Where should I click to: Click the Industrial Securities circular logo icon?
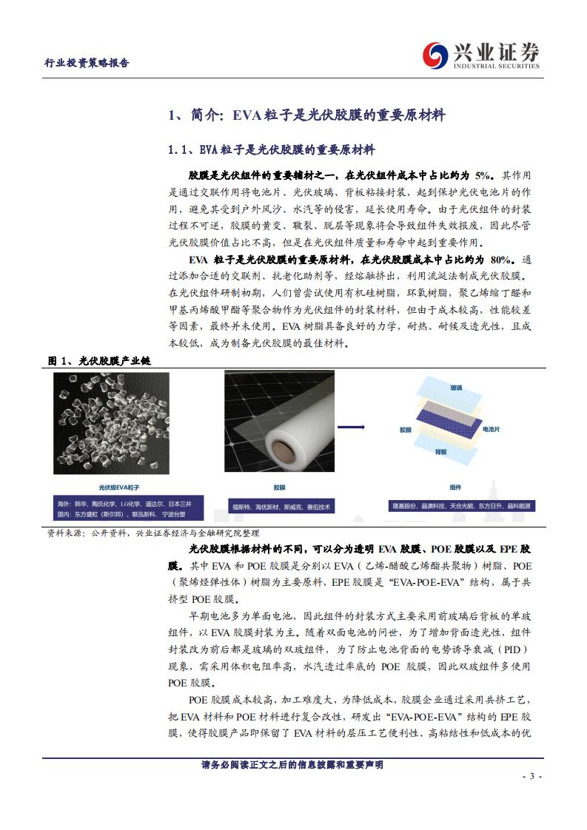click(x=436, y=54)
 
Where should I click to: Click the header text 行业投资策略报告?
click(x=87, y=63)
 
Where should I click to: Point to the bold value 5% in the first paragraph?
click(x=483, y=176)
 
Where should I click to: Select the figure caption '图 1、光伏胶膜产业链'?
click(x=99, y=360)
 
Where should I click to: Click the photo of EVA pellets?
click(x=111, y=422)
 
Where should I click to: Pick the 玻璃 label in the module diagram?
click(x=456, y=388)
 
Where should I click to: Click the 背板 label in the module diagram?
click(x=440, y=451)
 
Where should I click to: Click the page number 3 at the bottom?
click(x=531, y=776)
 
